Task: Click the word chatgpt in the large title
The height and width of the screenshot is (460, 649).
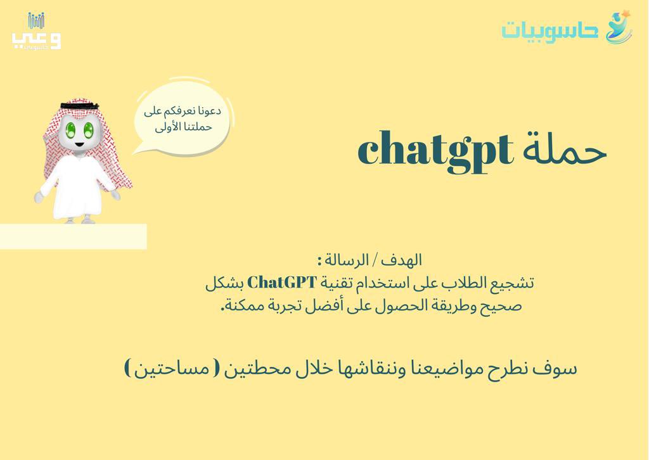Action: pos(435,151)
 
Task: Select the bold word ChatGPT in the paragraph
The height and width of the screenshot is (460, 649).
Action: pos(281,283)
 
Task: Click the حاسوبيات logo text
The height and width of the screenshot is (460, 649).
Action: pos(549,29)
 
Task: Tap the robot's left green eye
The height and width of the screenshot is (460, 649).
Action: pos(71,130)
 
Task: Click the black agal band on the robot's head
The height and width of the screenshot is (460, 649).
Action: pos(79,105)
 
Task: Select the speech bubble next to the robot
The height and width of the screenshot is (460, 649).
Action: pos(182,118)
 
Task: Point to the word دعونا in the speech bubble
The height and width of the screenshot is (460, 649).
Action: pos(206,111)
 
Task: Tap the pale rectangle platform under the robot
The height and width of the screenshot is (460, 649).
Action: pos(73,236)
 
